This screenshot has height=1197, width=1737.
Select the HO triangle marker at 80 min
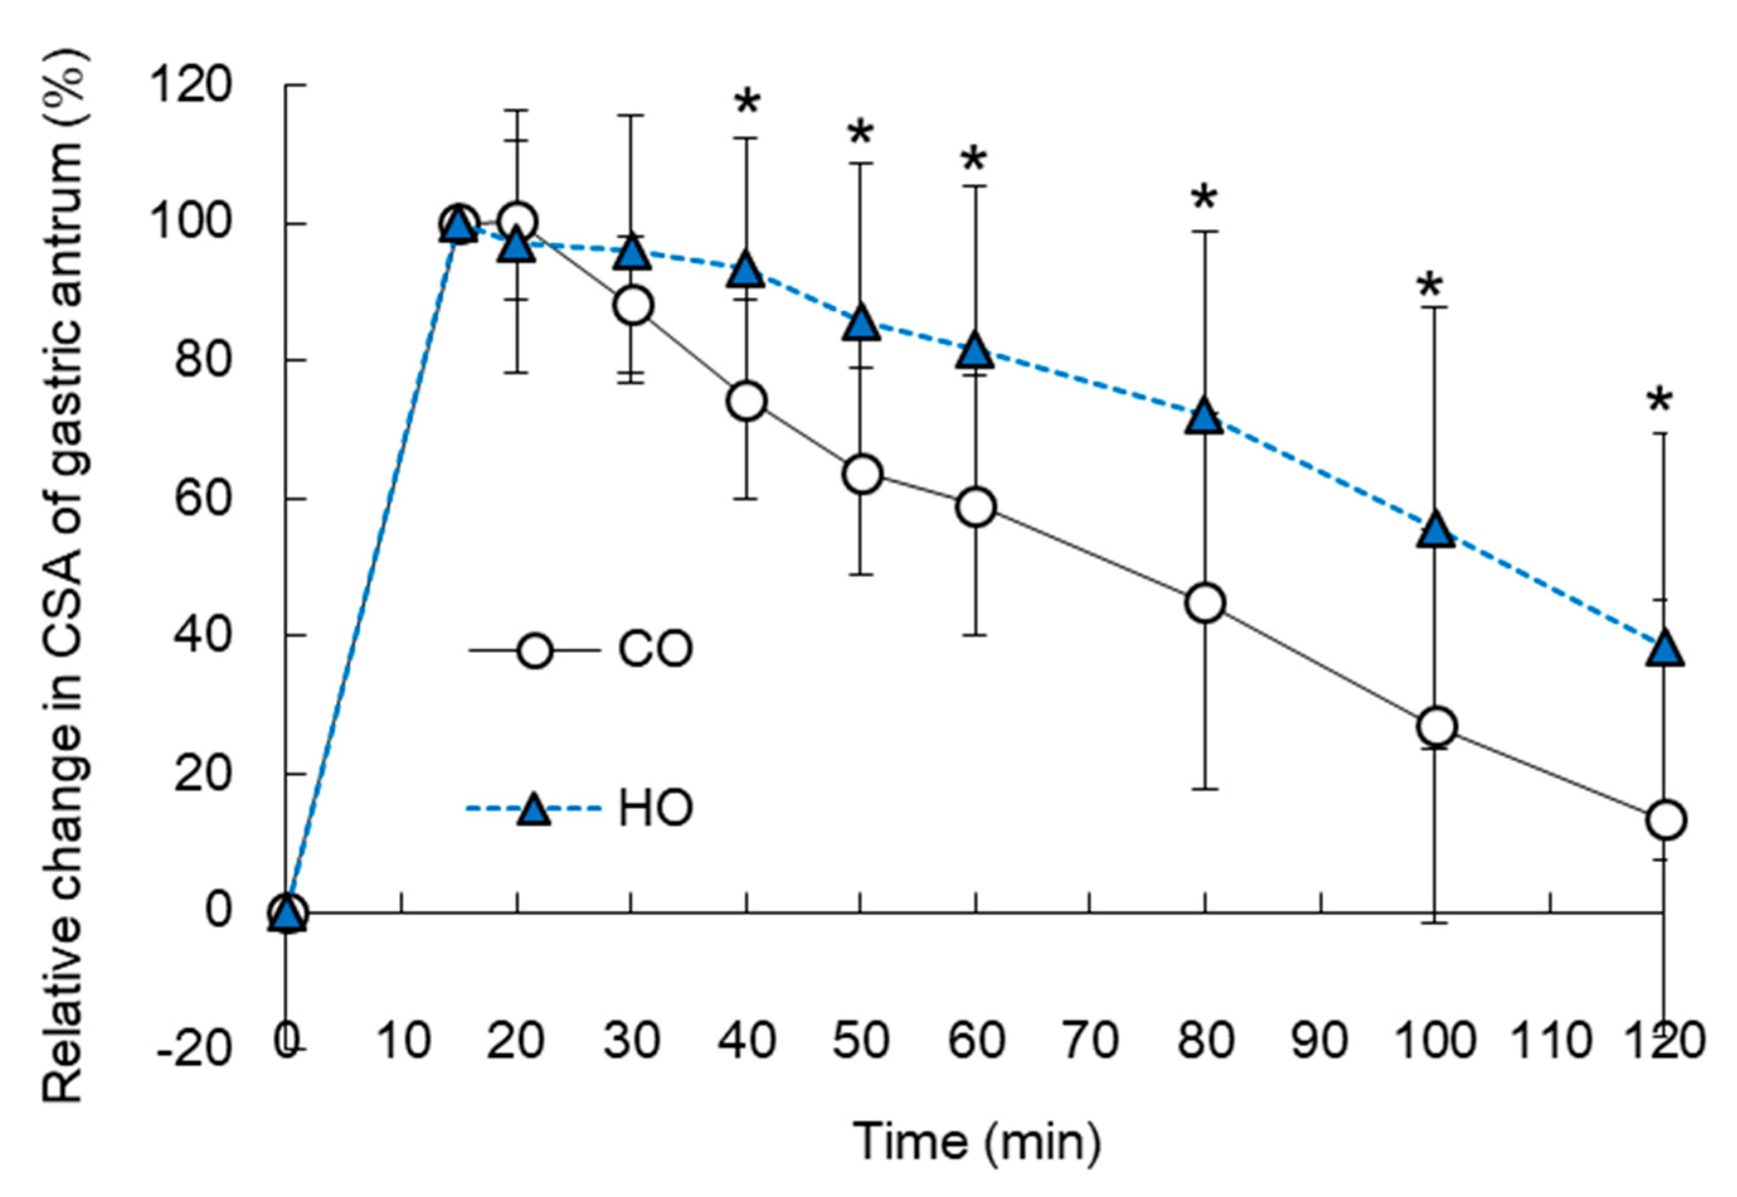(1205, 416)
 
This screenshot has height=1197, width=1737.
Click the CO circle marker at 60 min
(977, 508)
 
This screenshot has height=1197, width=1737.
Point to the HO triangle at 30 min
(632, 254)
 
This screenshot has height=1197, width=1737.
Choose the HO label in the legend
(655, 808)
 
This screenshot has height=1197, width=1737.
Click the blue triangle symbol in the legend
(534, 808)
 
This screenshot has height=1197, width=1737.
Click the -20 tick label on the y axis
(193, 1048)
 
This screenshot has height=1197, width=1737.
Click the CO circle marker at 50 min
(862, 474)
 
